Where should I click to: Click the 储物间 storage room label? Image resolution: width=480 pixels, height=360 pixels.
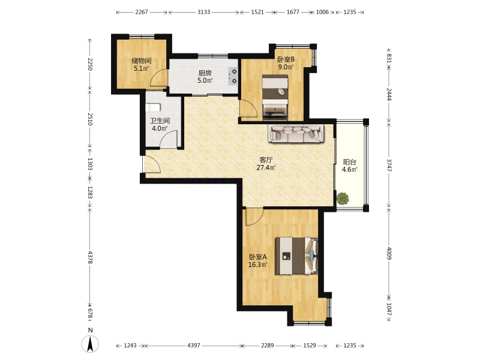[x=142, y=61]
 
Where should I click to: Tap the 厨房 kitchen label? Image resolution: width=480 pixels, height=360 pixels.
[x=205, y=73]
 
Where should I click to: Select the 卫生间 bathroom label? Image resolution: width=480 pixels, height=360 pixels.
[x=160, y=121]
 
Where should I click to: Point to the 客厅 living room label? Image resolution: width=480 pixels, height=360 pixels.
[x=266, y=160]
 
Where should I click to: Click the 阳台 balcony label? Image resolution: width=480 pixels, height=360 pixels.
[x=350, y=162]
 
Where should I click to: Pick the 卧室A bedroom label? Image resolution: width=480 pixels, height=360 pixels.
[x=258, y=257]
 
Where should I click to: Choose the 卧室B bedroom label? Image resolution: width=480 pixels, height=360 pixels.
[x=286, y=59]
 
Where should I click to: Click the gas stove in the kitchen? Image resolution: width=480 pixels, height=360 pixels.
[x=233, y=76]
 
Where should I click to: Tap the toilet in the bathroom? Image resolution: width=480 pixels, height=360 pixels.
[x=153, y=108]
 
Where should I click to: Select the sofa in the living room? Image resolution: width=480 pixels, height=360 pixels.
[x=296, y=133]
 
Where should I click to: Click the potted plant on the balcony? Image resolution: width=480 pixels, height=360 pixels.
[x=343, y=199]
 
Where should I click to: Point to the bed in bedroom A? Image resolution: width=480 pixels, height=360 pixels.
[x=296, y=256]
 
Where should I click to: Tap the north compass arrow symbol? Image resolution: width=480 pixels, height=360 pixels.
[x=90, y=344]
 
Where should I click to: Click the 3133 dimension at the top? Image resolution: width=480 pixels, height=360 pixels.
[x=203, y=12]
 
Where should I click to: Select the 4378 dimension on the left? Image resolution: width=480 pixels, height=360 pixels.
[x=90, y=257]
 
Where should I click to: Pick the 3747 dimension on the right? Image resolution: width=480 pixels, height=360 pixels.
[x=389, y=164]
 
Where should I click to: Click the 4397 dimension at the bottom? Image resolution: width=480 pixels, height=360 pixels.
[x=193, y=346]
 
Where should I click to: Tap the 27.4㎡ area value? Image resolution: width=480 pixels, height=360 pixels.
[x=266, y=167]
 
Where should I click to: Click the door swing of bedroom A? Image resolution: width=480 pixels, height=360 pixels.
[x=254, y=217]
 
